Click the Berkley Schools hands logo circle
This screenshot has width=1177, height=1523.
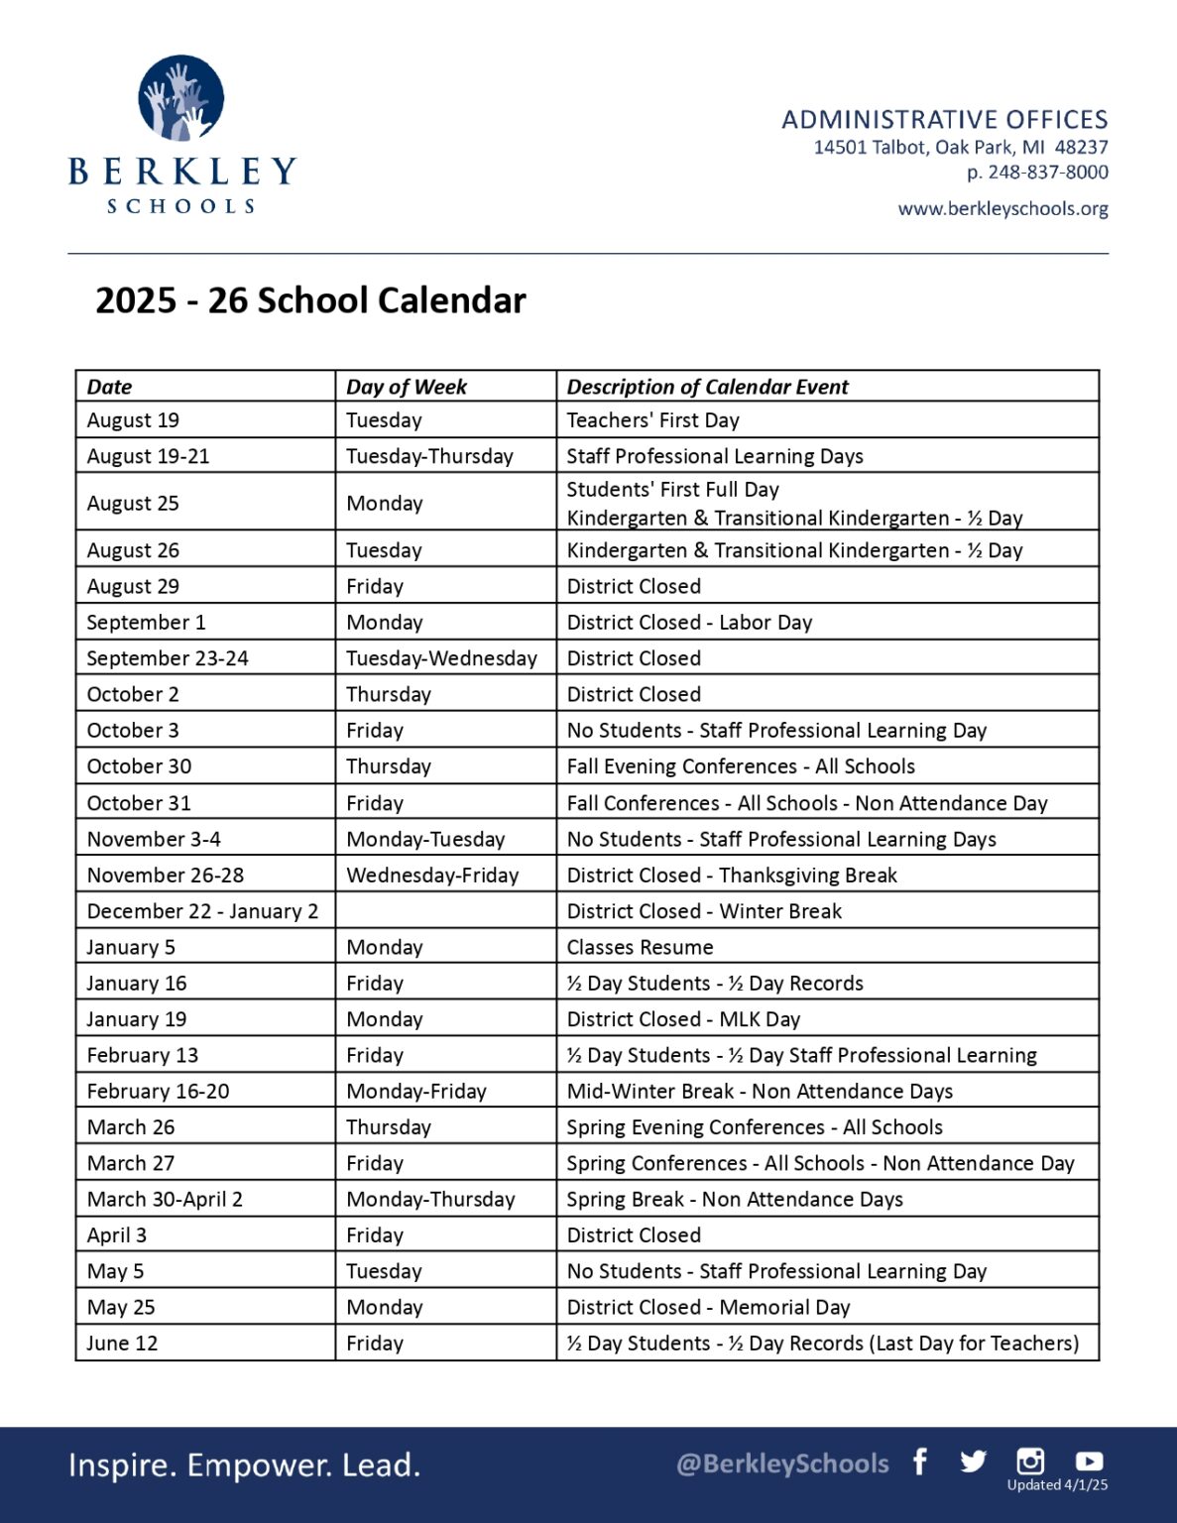(181, 97)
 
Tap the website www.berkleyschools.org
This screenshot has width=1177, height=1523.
(1002, 209)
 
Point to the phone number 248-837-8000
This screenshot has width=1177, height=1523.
(1047, 173)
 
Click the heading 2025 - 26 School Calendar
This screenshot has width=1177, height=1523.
(310, 300)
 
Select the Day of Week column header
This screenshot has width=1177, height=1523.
(407, 387)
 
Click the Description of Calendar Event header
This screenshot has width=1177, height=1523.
(707, 387)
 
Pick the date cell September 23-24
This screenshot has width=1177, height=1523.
(168, 658)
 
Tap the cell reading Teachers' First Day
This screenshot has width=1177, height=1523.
(652, 420)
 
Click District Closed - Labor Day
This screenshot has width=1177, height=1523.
(689, 623)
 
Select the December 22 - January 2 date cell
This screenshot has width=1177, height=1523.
(202, 911)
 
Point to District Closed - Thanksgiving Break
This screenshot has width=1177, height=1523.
(731, 876)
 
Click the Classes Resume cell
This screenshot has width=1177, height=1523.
(640, 947)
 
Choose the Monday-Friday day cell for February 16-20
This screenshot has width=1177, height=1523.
(416, 1092)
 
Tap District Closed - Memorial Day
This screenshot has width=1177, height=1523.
(708, 1308)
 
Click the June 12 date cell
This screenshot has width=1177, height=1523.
(122, 1344)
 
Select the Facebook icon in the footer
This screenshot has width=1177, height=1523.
(920, 1462)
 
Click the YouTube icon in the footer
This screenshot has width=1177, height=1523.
(1089, 1461)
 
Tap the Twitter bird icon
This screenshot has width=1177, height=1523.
(973, 1462)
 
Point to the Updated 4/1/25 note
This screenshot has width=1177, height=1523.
(1057, 1485)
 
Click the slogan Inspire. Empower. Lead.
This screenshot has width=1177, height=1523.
(244, 1465)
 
